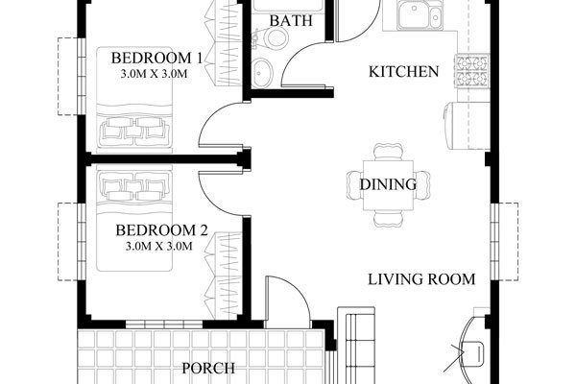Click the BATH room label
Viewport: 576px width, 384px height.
[x=291, y=20]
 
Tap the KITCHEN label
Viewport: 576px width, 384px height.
[x=404, y=72]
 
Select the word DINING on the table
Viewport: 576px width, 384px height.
[x=388, y=184]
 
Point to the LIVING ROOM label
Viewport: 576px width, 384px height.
[x=421, y=279]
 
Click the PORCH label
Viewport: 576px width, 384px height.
[x=208, y=369]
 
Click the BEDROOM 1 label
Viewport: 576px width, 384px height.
[x=156, y=58]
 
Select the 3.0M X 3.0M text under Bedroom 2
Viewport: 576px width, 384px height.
[x=159, y=246]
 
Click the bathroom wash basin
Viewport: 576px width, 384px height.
[x=262, y=73]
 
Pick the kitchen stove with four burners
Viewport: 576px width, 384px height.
[x=472, y=70]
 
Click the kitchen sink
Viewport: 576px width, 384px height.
[x=420, y=14]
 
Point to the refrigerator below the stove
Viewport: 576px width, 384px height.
[x=467, y=126]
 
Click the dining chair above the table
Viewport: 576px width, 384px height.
[x=388, y=152]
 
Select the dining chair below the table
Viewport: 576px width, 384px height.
[x=388, y=218]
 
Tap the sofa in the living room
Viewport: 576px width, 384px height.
[x=356, y=346]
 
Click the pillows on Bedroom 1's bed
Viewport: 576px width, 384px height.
[x=134, y=130]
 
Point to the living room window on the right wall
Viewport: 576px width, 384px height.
[x=495, y=242]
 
